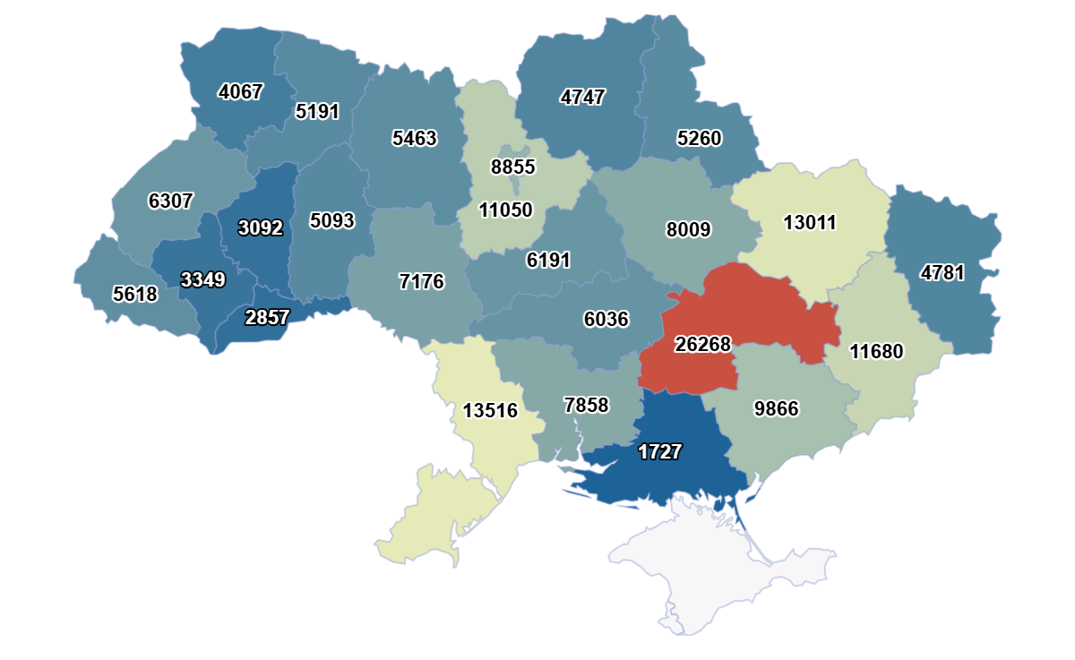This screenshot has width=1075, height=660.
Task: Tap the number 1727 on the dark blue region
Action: click(660, 452)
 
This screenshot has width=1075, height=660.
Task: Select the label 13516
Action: click(490, 411)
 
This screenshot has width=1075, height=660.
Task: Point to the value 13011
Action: click(809, 222)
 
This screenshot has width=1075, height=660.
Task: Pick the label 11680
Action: click(877, 352)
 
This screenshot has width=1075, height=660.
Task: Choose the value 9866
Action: click(776, 409)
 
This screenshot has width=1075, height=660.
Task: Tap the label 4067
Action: click(241, 91)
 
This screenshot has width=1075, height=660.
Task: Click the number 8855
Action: click(512, 167)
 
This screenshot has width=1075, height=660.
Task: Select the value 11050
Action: click(505, 210)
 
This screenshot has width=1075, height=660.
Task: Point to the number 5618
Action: click(135, 294)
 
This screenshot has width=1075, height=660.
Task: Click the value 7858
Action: click(586, 406)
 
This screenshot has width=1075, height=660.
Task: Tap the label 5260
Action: click(699, 139)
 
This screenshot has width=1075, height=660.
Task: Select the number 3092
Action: click(261, 228)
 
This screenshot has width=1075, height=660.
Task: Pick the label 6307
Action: click(170, 201)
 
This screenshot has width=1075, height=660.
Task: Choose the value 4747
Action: click(583, 98)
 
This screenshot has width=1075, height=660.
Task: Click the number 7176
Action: click(421, 282)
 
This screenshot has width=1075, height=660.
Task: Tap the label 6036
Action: click(606, 319)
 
